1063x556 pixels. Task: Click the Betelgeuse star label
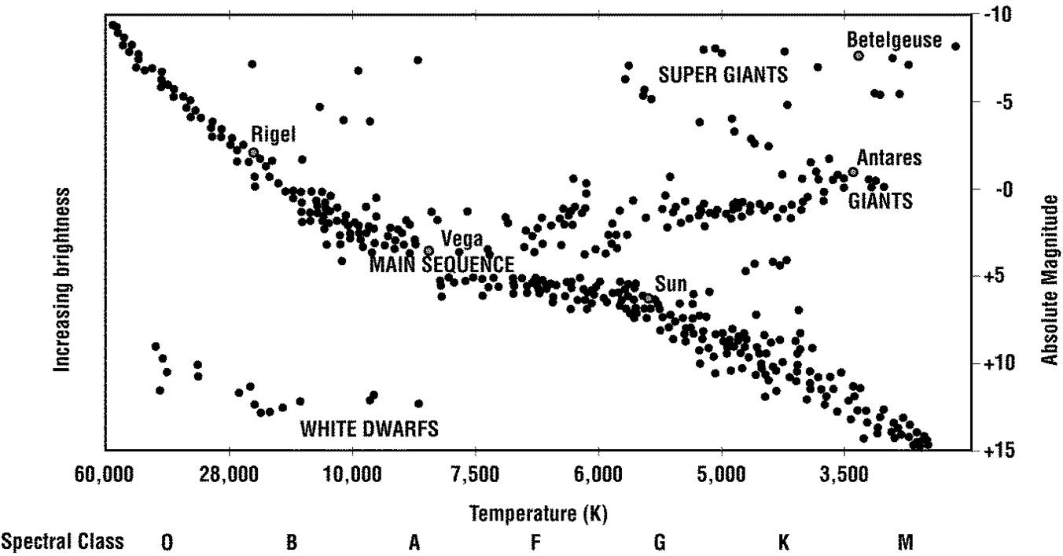click(x=894, y=41)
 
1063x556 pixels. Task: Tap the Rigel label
click(x=274, y=134)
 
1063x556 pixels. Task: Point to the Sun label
click(x=671, y=284)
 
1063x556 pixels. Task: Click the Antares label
click(x=888, y=158)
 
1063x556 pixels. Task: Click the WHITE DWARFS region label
click(x=369, y=429)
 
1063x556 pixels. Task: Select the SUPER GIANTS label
click(x=723, y=75)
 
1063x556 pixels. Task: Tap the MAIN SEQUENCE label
click(x=442, y=264)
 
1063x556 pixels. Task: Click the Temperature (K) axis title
click(x=538, y=514)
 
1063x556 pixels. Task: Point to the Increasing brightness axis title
click(x=62, y=279)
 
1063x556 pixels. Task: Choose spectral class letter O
click(x=167, y=543)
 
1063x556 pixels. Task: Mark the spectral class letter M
click(x=906, y=543)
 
